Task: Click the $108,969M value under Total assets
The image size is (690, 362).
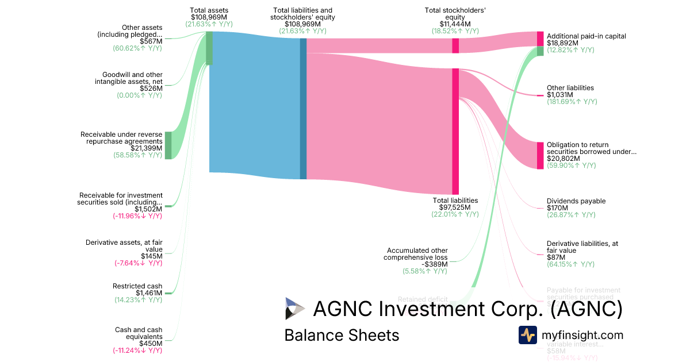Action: pyautogui.click(x=209, y=18)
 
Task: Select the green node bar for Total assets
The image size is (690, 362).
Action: pyautogui.click(x=209, y=48)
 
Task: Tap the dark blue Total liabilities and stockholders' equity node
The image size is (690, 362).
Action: pyautogui.click(x=303, y=109)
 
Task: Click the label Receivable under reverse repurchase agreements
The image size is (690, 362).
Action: pyautogui.click(x=121, y=137)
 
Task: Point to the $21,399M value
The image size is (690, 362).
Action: pyautogui.click(x=147, y=148)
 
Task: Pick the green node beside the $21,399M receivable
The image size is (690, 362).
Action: pyautogui.click(x=168, y=145)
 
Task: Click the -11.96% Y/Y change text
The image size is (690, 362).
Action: pyautogui.click(x=137, y=216)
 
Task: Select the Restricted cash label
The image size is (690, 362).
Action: pyautogui.click(x=137, y=286)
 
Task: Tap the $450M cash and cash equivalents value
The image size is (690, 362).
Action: pyautogui.click(x=151, y=344)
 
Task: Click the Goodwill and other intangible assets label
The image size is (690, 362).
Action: pyautogui.click(x=132, y=78)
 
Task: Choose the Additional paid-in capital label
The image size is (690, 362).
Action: pyautogui.click(x=586, y=36)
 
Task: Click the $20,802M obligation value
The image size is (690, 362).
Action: pyautogui.click(x=563, y=159)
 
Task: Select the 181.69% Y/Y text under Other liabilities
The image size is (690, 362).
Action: pyautogui.click(x=572, y=102)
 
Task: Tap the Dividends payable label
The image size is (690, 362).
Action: pyautogui.click(x=576, y=201)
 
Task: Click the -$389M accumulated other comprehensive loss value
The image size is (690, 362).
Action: pyautogui.click(x=434, y=264)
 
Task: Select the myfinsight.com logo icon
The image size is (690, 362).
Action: pyautogui.click(x=527, y=335)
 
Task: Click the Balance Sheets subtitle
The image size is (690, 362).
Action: pyautogui.click(x=342, y=335)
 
